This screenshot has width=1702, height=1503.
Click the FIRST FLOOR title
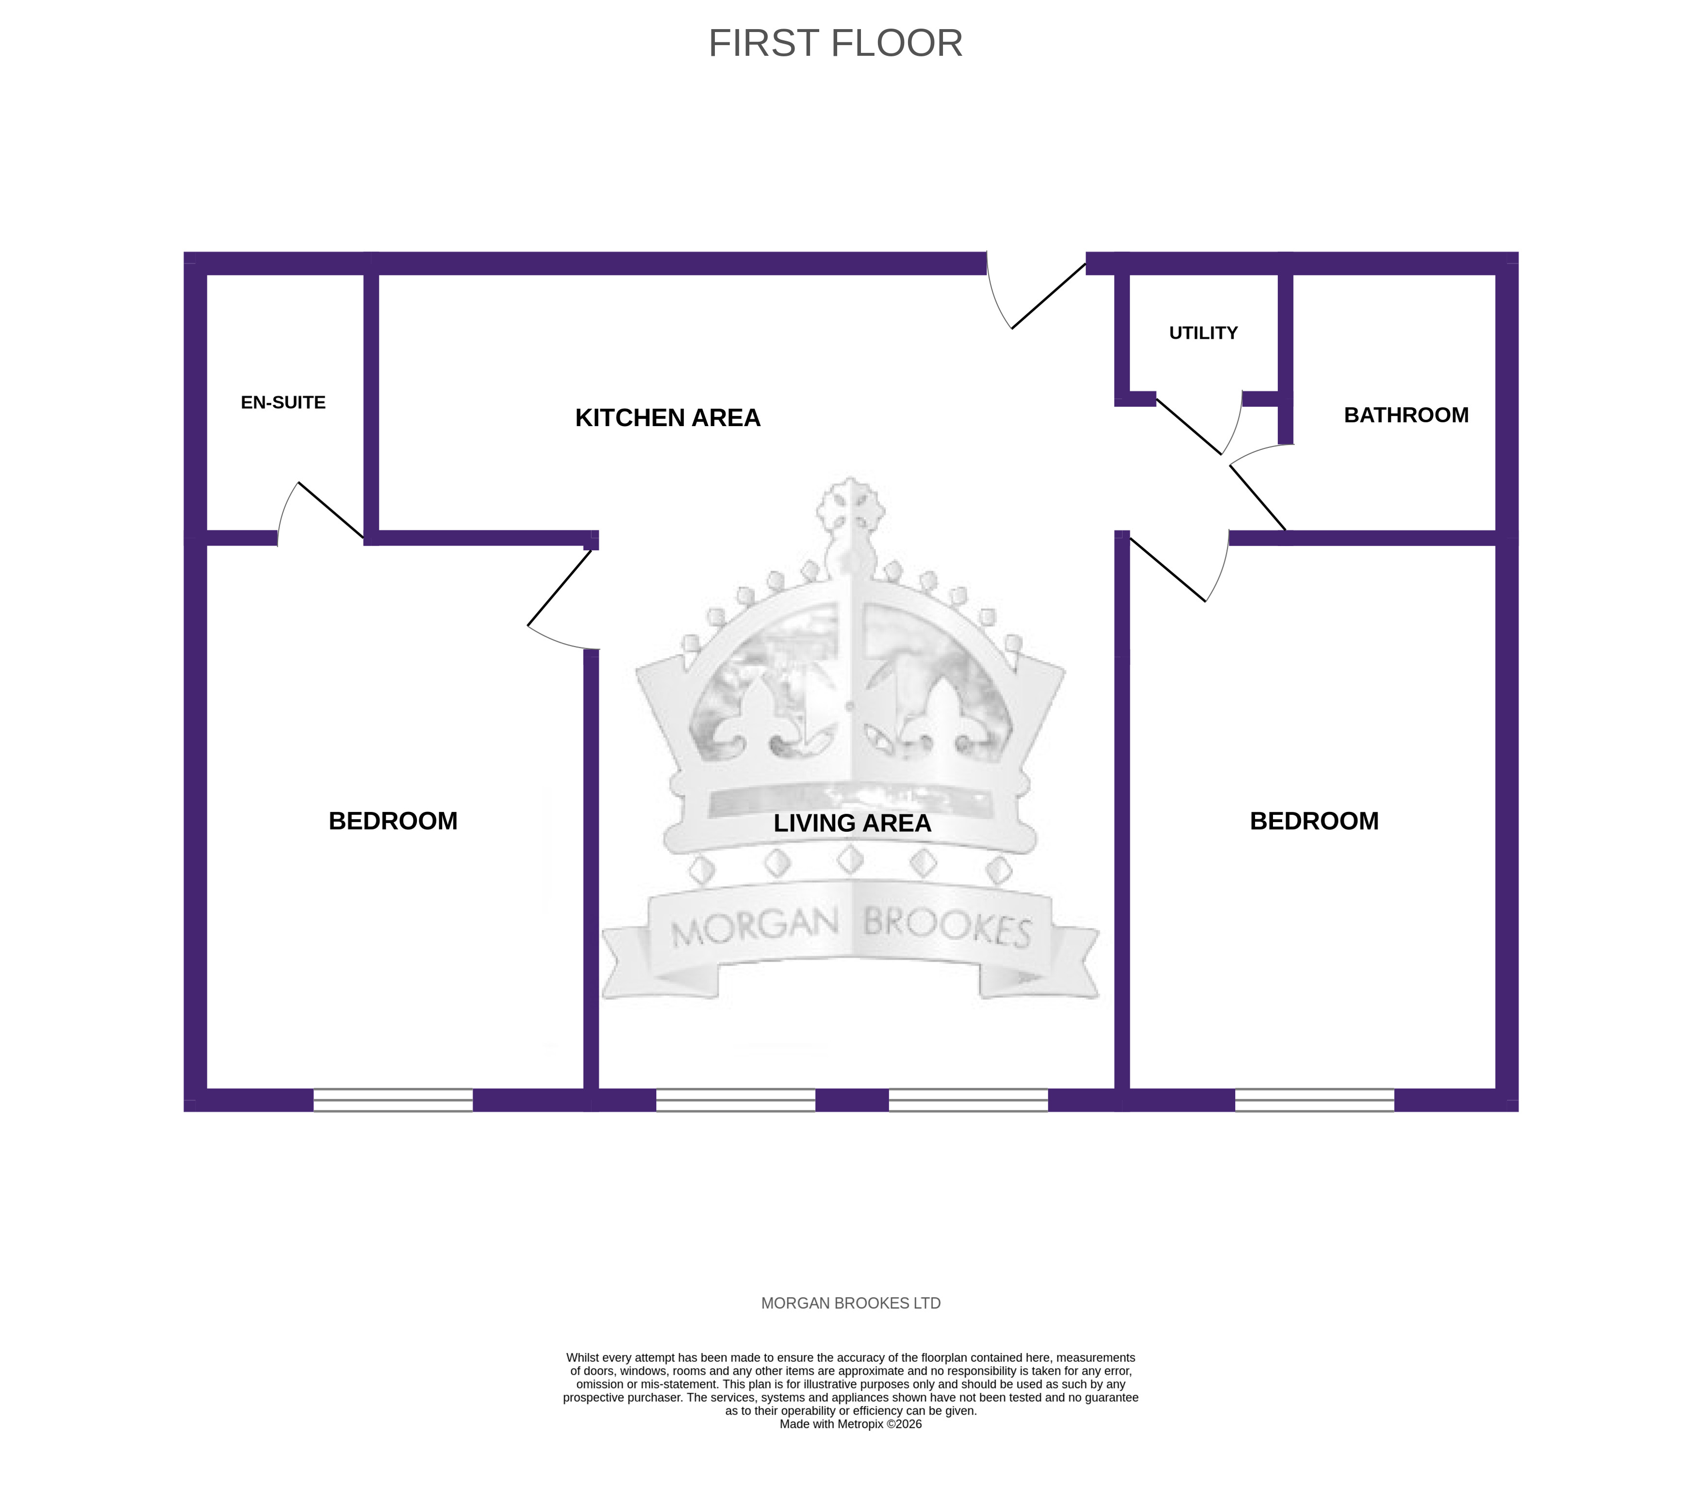[x=835, y=43]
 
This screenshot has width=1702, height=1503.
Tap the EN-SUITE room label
[x=283, y=402]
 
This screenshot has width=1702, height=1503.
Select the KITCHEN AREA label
[x=668, y=418]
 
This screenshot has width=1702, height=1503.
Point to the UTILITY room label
[x=1203, y=333]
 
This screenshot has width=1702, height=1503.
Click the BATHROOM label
[x=1406, y=414]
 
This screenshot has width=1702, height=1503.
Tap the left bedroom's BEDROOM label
[x=393, y=821]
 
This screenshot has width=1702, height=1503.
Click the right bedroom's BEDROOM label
[x=1314, y=821]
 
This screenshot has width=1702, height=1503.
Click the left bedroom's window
[x=393, y=1100]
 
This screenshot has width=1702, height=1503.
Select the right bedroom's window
[x=1314, y=1100]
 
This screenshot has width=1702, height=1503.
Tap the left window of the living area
[x=735, y=1100]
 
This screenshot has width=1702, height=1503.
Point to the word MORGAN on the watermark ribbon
[x=754, y=927]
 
